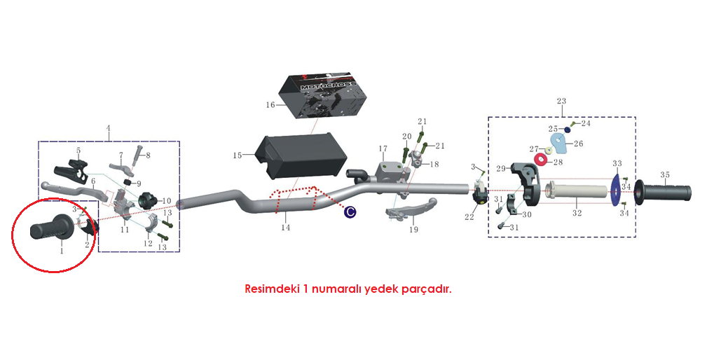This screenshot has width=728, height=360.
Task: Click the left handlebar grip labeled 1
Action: point(50,228)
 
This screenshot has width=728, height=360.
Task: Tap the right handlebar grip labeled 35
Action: point(664,191)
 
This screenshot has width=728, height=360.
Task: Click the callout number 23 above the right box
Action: point(561,101)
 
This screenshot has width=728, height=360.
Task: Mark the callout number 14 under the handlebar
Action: point(284,228)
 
